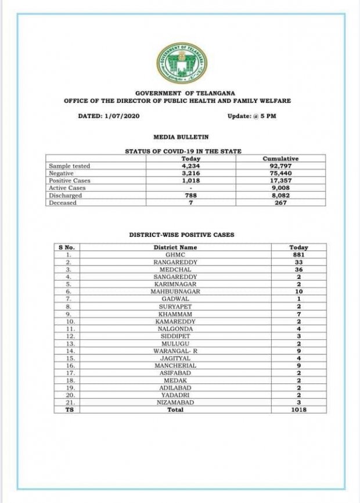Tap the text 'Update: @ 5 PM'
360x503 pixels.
pyautogui.click(x=252, y=116)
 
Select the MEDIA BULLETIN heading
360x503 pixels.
pyautogui.click(x=181, y=137)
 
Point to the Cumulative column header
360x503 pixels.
pyautogui.click(x=280, y=159)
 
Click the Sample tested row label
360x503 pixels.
pyautogui.click(x=70, y=166)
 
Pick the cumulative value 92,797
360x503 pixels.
pyautogui.click(x=280, y=166)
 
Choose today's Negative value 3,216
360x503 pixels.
pyautogui.click(x=191, y=173)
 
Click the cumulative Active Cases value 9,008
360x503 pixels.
pyautogui.click(x=280, y=188)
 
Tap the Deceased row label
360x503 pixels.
pyautogui.click(x=63, y=203)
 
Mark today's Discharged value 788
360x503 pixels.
pyautogui.click(x=191, y=196)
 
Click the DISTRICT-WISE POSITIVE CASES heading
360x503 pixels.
pyautogui.click(x=181, y=235)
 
